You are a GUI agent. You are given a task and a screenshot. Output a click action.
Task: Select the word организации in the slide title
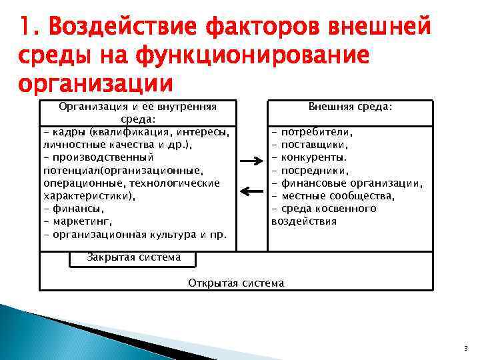point(95,85)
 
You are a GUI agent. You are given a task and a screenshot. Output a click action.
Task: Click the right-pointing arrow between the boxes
point(252,161)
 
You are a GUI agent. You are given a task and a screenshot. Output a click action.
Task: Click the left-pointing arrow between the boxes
point(252,192)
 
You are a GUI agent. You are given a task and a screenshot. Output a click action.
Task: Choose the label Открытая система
point(236,283)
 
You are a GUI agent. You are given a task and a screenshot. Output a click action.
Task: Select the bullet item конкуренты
point(313,158)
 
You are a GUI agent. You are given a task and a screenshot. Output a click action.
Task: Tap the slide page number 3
point(465,348)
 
